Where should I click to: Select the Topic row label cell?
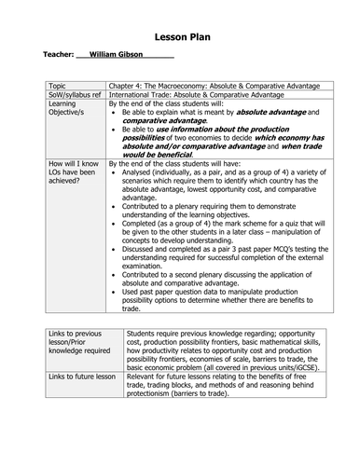click(x=60, y=83)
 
